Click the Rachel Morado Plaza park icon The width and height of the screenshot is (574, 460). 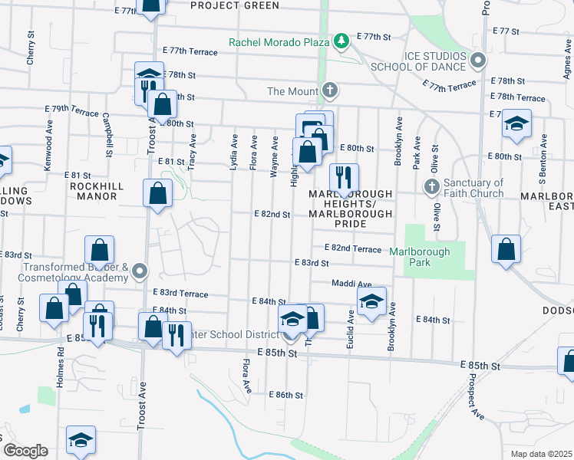pyautogui.click(x=342, y=39)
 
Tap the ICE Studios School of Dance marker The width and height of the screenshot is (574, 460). pyautogui.click(x=478, y=59)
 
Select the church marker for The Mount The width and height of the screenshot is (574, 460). pyautogui.click(x=330, y=91)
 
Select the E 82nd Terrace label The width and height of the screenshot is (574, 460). pyautogui.click(x=352, y=248)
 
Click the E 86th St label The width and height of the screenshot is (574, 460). pyautogui.click(x=286, y=395)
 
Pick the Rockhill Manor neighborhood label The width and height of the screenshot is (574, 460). pyautogui.click(x=94, y=191)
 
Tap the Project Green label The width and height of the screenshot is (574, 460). pyautogui.click(x=224, y=5)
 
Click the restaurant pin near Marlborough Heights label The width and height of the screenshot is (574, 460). pyautogui.click(x=344, y=177)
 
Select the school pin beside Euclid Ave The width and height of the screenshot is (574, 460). pyautogui.click(x=371, y=301)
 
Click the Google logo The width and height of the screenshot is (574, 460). pyautogui.click(x=25, y=451)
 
